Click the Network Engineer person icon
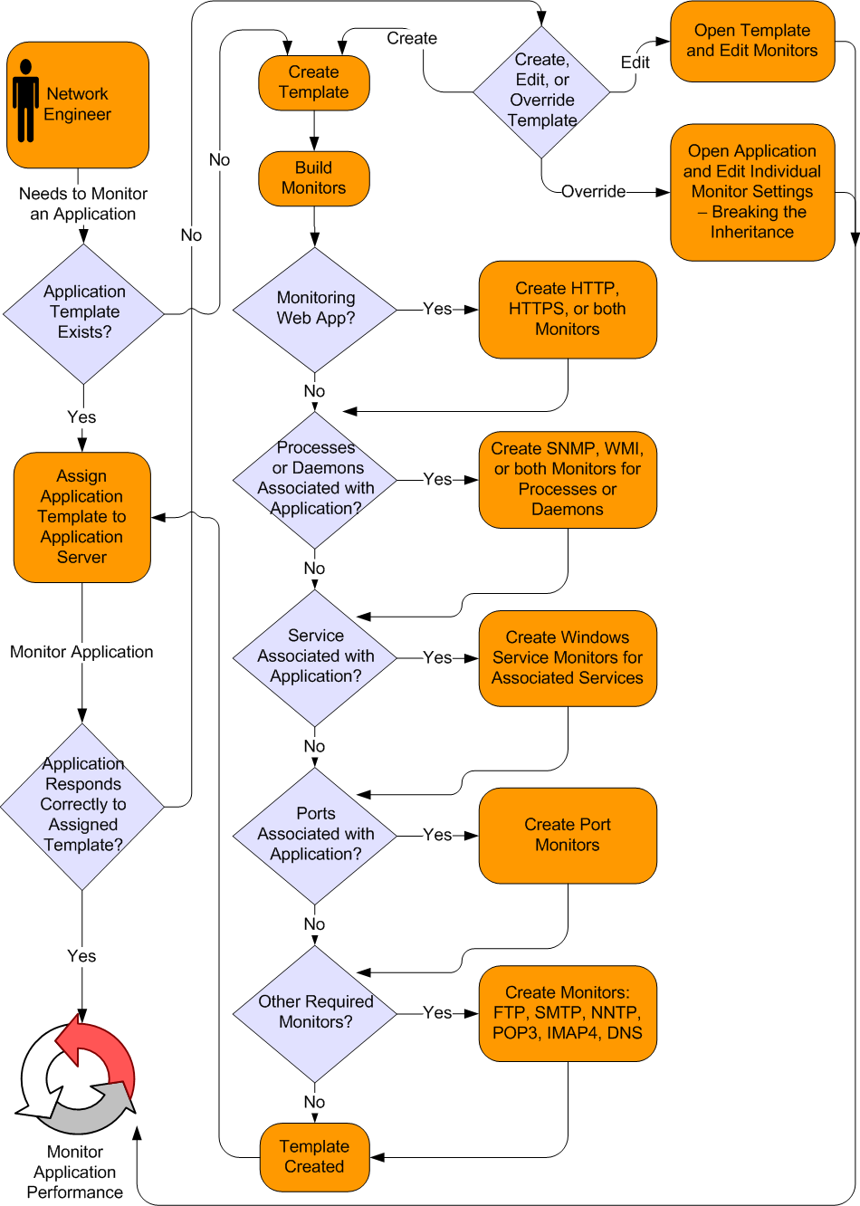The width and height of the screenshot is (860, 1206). tap(26, 100)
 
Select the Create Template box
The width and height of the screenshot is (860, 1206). tap(314, 82)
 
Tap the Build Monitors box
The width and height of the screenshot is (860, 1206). tap(314, 178)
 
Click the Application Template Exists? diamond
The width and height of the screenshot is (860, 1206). tap(84, 312)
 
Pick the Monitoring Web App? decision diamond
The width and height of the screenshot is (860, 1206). tap(315, 309)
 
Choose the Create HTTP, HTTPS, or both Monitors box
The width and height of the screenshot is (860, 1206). tap(568, 310)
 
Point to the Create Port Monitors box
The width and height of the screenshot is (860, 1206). tap(568, 835)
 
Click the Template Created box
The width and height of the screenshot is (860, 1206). tap(314, 1157)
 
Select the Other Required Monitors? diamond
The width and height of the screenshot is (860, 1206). tap(315, 1012)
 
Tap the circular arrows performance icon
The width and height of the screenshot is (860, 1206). tap(77, 1077)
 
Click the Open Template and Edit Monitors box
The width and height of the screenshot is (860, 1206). tap(752, 42)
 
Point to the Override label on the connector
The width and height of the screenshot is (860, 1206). tap(593, 192)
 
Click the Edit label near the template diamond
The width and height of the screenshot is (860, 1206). tap(635, 62)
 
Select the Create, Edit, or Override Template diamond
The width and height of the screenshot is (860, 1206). tap(542, 91)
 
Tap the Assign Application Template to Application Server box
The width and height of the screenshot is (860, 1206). tap(82, 517)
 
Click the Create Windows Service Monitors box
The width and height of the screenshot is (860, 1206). tap(568, 658)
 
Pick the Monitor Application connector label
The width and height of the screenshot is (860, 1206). tap(81, 652)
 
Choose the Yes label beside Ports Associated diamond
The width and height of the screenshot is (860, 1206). tap(437, 835)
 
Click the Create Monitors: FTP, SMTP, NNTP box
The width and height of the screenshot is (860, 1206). tap(568, 1013)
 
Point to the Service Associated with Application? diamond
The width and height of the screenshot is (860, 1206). tap(315, 657)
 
